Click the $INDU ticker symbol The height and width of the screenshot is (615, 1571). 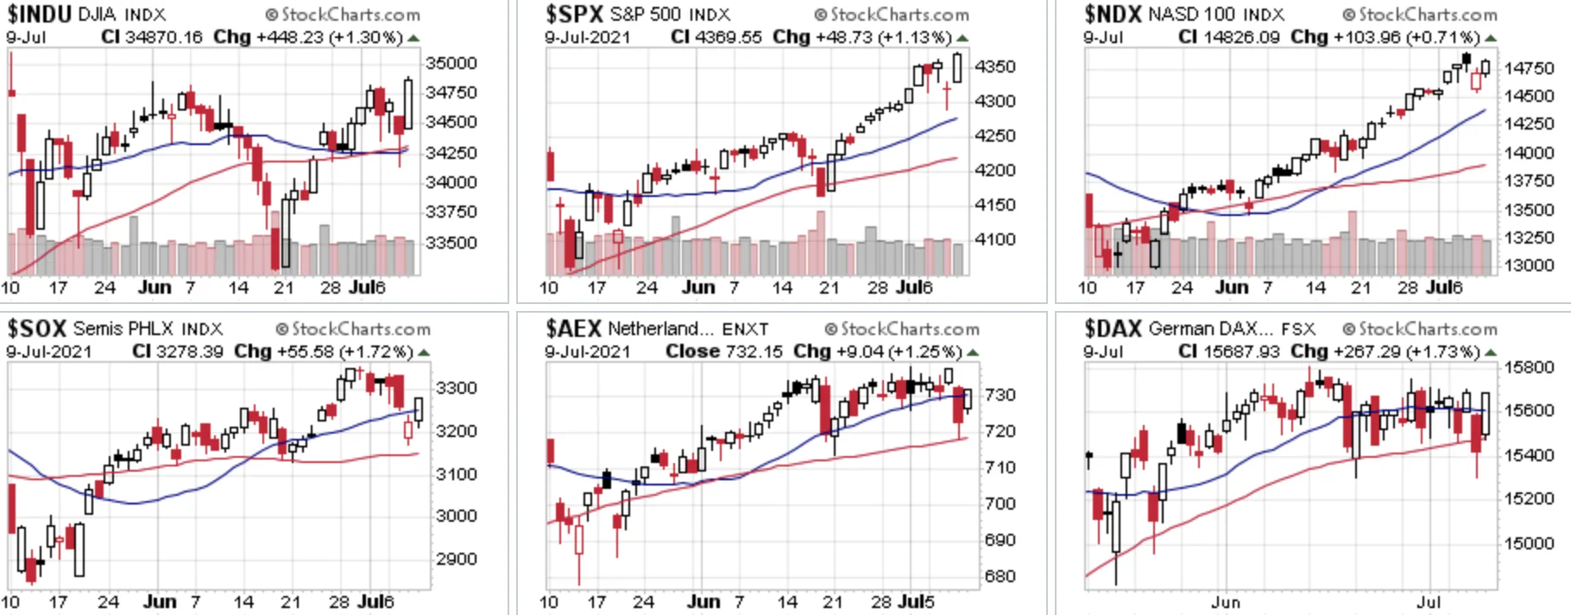click(39, 15)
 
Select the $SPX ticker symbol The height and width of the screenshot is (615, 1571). click(574, 15)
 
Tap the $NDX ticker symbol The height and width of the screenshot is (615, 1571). click(1113, 15)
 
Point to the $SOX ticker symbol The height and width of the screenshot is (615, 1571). click(37, 329)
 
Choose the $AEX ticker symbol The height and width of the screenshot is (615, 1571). click(573, 329)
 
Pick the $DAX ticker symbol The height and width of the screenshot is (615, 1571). click(1114, 329)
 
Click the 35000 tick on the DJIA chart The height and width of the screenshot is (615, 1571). click(451, 63)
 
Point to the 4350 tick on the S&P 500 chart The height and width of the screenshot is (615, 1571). click(995, 67)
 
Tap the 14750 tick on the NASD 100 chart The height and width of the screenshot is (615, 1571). click(1529, 68)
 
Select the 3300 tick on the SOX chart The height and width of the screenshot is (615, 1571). click(457, 388)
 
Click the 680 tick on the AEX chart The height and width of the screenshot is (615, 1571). click(1000, 576)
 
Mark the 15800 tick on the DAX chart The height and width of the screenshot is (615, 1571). click(1529, 367)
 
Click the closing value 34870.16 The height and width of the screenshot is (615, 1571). click(164, 37)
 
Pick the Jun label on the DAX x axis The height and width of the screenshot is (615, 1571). click(1226, 602)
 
